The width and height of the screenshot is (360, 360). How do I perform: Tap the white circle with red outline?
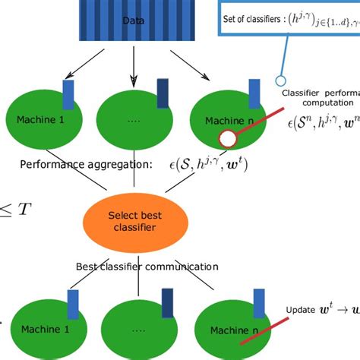tap(227, 138)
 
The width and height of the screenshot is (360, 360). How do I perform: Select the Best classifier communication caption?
tap(147, 267)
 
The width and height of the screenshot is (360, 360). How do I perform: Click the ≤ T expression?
tap(17, 208)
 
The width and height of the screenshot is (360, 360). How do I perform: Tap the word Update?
tap(301, 310)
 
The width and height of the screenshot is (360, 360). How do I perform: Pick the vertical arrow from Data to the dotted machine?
tap(135, 65)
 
